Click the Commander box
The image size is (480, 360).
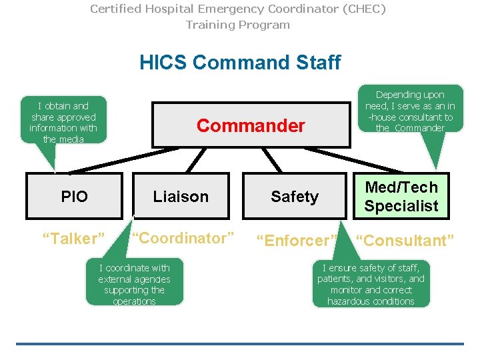coord(251,125)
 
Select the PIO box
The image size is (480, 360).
coord(74,196)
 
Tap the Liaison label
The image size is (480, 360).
coord(181,197)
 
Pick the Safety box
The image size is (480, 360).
coord(295,197)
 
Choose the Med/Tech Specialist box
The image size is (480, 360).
coord(401,196)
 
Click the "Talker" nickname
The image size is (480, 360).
coord(74,239)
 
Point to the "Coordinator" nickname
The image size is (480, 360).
coord(183,238)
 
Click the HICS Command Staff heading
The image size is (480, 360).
coord(240,63)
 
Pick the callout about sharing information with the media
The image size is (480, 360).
coord(63,122)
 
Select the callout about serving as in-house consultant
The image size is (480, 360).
coord(410,111)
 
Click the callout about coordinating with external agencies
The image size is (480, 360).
coord(134,284)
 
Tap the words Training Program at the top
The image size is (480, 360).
coord(238,25)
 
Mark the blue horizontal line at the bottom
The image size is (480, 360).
coord(240,344)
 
